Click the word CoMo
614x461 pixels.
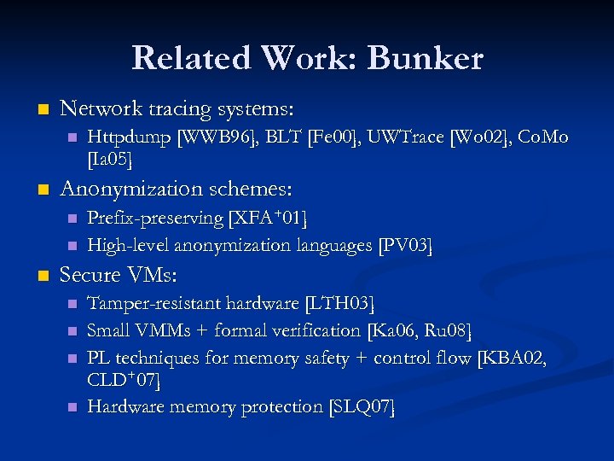pyautogui.click(x=543, y=137)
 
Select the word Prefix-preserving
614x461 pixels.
pyautogui.click(x=155, y=218)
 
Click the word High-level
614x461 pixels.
pyautogui.click(x=127, y=246)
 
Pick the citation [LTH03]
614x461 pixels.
pyautogui.click(x=339, y=304)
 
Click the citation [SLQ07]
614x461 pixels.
pyautogui.click(x=362, y=407)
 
